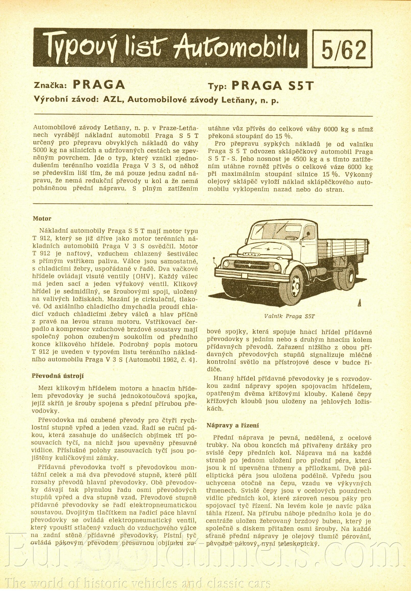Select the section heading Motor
coord(42,219)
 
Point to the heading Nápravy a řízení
coord(233,425)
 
